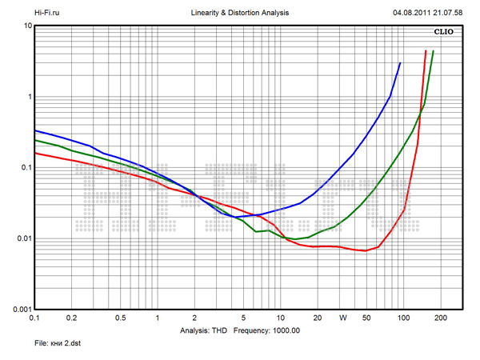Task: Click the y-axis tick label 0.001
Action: click(20, 309)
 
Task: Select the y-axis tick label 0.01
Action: click(22, 238)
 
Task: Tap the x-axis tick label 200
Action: click(438, 318)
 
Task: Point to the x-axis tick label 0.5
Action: click(120, 318)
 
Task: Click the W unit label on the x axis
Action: click(342, 318)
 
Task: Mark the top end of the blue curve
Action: click(400, 62)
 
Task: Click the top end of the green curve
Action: click(433, 51)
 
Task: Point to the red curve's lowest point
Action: click(365, 250)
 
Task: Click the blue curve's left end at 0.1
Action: click(35, 130)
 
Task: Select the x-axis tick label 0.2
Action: click(72, 318)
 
